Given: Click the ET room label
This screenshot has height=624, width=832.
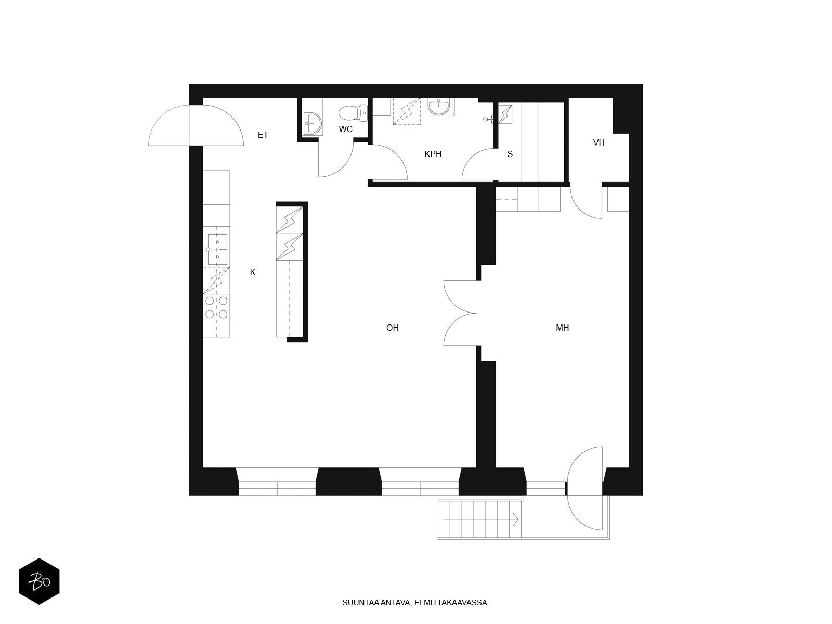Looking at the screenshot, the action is pyautogui.click(x=263, y=135).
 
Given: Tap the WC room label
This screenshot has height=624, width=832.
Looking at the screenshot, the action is pyautogui.click(x=345, y=129).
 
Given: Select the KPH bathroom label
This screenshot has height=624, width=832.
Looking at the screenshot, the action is pyautogui.click(x=433, y=154).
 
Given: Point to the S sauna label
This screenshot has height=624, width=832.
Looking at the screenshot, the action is pyautogui.click(x=510, y=154).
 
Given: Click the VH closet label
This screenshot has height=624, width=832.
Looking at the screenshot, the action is pyautogui.click(x=599, y=143).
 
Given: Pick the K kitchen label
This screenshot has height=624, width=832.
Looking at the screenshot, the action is pyautogui.click(x=252, y=272).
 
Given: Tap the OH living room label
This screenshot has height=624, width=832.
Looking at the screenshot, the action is pyautogui.click(x=392, y=328).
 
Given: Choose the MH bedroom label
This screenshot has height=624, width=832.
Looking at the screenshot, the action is pyautogui.click(x=562, y=328).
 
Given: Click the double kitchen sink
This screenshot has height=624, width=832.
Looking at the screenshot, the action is pyautogui.click(x=217, y=249).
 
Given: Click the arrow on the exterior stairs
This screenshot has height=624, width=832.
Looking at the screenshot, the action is pyautogui.click(x=480, y=519).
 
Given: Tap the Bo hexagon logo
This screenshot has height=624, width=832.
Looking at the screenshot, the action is pyautogui.click(x=39, y=581).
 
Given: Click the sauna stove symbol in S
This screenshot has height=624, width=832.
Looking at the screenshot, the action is pyautogui.click(x=505, y=114).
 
